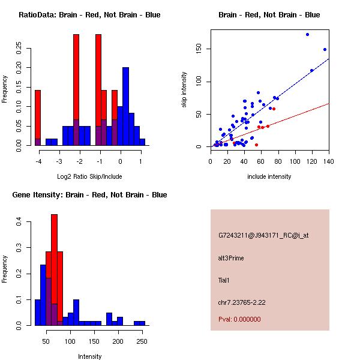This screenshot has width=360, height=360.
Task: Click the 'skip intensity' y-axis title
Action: point(184,90)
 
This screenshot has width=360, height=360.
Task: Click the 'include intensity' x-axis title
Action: point(269,176)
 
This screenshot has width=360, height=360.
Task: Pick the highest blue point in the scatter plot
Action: point(307,35)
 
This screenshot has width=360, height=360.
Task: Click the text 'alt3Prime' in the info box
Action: point(231,258)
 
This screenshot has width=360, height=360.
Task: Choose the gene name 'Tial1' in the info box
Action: point(225,280)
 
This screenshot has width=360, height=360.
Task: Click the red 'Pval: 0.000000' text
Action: point(239,319)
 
